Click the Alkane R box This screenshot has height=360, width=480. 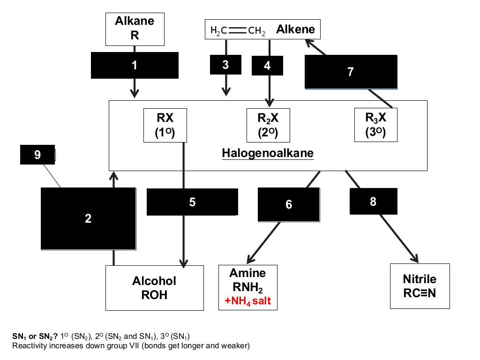(135, 29)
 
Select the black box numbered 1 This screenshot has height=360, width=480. (135, 65)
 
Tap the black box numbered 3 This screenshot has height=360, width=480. (225, 65)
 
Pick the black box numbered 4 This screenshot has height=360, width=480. (267, 66)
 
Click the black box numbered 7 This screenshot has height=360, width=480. (351, 72)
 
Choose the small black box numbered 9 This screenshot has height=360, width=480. (37, 155)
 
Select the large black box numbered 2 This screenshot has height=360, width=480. (89, 218)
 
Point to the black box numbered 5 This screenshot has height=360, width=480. (192, 202)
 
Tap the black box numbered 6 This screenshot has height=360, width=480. (289, 204)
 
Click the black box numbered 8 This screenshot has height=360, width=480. (374, 202)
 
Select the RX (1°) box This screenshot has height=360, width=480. (165, 125)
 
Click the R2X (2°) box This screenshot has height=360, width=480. (268, 125)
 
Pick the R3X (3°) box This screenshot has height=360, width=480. (376, 125)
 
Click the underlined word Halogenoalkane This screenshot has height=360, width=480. (268, 153)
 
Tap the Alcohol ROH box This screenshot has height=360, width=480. (155, 288)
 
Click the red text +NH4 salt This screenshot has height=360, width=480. (247, 301)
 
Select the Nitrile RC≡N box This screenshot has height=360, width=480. (420, 286)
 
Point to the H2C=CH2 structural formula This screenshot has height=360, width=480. (238, 30)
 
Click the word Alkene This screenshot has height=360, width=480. (295, 30)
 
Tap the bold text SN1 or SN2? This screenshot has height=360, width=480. (35, 337)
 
